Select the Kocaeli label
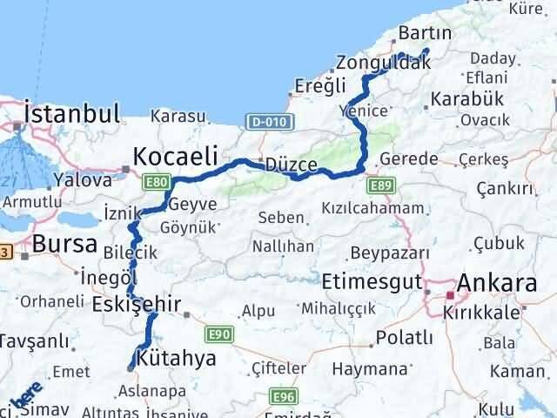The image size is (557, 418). pos(174,157)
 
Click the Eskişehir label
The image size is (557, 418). pos(137,305)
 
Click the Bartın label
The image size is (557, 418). pos(424,34)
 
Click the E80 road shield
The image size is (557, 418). pos(157,181)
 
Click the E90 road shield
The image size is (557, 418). pos(218,333)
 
